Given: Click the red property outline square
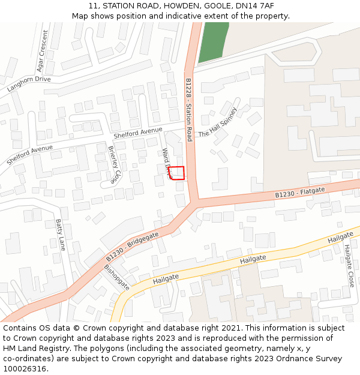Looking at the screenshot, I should [176, 173].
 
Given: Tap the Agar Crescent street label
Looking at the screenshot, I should [43, 52].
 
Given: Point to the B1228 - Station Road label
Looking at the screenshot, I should [188, 109].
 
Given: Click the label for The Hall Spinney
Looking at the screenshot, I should [218, 122].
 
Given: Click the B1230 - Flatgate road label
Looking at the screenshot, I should [300, 193].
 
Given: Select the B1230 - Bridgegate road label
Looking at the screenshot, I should [133, 246].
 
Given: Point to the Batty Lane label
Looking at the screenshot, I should [60, 235].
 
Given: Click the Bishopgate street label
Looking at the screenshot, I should [117, 278].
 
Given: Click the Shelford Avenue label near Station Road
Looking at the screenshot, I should [138, 133].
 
